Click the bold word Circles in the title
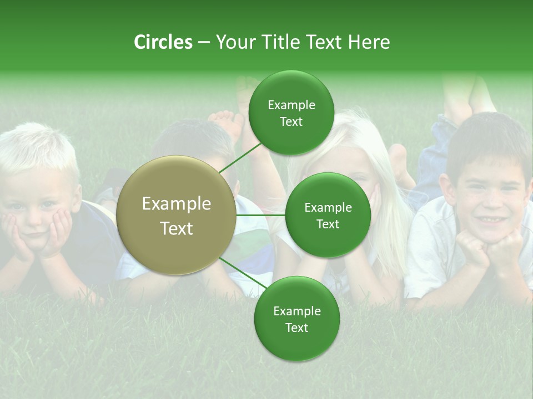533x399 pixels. tap(163, 42)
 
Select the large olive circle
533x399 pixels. tap(177, 215)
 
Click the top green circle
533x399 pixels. tap(291, 113)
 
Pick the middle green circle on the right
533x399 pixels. tap(328, 215)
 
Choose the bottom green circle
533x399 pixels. tap(296, 319)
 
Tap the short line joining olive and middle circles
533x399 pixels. tap(261, 215)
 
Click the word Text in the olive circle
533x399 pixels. tap(177, 228)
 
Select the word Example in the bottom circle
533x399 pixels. tap(296, 311)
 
